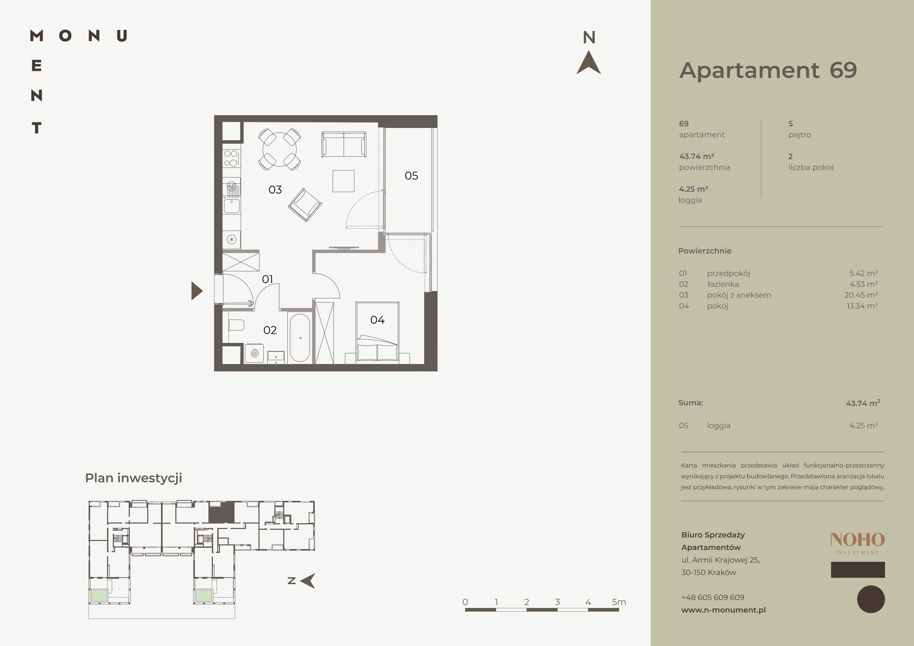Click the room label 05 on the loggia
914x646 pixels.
[x=411, y=176]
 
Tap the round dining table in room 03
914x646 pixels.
[x=280, y=150]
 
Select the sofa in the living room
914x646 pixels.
[x=344, y=144]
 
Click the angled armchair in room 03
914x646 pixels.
[x=305, y=205]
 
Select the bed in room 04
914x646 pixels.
[x=377, y=332]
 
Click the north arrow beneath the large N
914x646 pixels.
[x=589, y=63]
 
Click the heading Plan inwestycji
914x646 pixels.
[x=133, y=478]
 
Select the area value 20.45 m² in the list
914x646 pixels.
[x=861, y=295]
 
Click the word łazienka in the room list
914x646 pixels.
[x=723, y=284]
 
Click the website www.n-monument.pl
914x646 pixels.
[x=723, y=610]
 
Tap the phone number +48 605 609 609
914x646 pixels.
[x=713, y=597]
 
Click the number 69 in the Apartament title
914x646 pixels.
[x=843, y=70]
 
